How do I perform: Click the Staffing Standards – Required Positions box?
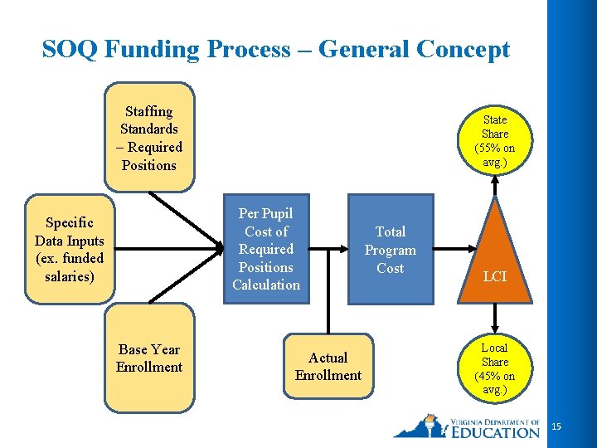pyautogui.click(x=149, y=138)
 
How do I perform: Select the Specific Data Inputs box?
pyautogui.click(x=70, y=249)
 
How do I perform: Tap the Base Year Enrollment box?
pyautogui.click(x=149, y=358)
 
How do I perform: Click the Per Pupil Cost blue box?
pyautogui.click(x=266, y=249)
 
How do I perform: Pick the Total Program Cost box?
pyautogui.click(x=390, y=250)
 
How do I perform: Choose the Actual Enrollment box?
pyautogui.click(x=328, y=367)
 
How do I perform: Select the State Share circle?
pyautogui.click(x=495, y=140)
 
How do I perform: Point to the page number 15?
pyautogui.click(x=556, y=426)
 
